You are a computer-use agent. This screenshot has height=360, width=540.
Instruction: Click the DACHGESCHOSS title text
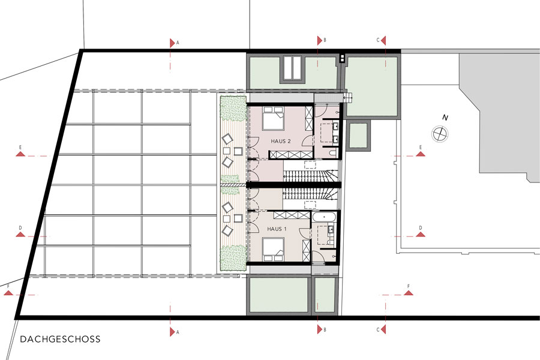pyautogui.click(x=60, y=339)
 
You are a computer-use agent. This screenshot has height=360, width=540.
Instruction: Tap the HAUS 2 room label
pyautogui.click(x=281, y=141)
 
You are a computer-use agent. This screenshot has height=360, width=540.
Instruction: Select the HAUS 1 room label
pyautogui.click(x=277, y=229)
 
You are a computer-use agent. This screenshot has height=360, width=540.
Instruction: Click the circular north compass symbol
pyautogui.click(x=440, y=133)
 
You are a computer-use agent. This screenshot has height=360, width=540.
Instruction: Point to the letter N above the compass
pyautogui.click(x=445, y=118)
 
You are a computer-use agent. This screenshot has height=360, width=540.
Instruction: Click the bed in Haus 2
pyautogui.click(x=273, y=118)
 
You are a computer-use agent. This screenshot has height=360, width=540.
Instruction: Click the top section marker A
pyautogui.click(x=172, y=43)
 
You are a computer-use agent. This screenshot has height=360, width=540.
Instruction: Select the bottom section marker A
pyautogui.click(x=172, y=332)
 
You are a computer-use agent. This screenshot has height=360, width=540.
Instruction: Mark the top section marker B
pyautogui.click(x=320, y=40)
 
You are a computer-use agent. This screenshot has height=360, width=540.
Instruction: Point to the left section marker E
pyautogui.click(x=20, y=154)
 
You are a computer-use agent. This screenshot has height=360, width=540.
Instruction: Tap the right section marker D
pyautogui.click(x=420, y=234)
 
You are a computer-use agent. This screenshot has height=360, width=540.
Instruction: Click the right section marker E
pyautogui.click(x=420, y=154)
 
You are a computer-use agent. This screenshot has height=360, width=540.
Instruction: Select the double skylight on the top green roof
pyautogui.click(x=292, y=68)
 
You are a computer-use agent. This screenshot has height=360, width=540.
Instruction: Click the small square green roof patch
pyautogui.click(x=359, y=135)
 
